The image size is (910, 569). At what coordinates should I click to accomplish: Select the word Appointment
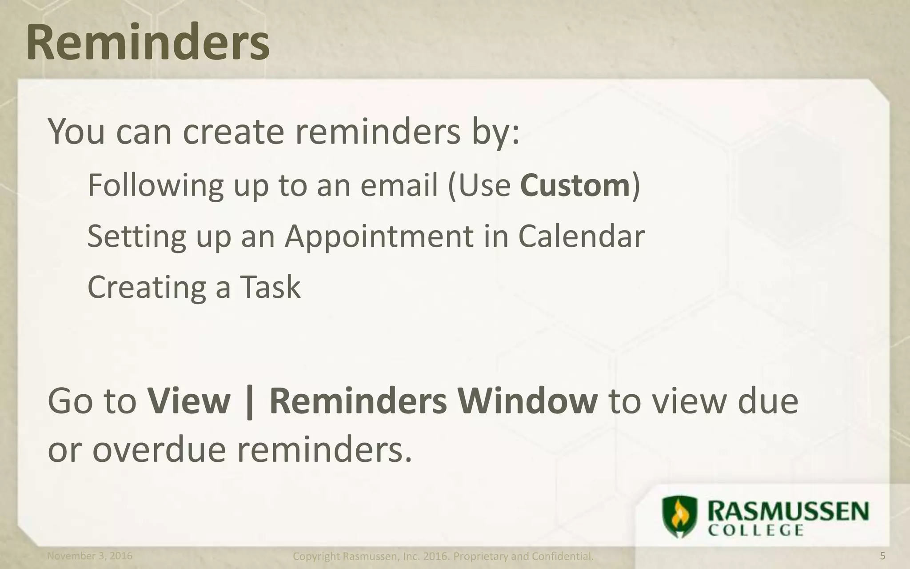tap(379, 236)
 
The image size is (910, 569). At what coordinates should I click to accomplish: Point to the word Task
tap(270, 287)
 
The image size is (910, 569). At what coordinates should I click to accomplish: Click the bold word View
tap(189, 401)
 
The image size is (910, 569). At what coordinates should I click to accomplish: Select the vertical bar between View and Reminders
tap(250, 402)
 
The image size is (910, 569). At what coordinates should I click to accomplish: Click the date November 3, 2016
tap(90, 556)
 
